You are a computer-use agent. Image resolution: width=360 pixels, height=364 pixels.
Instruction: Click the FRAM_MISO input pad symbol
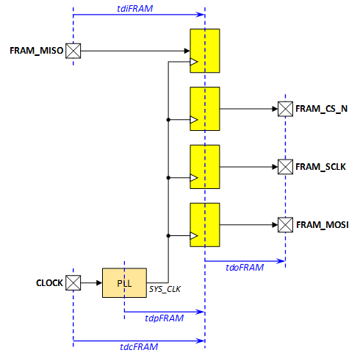[73, 51]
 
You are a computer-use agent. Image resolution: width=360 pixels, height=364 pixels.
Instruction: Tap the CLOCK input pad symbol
[73, 283]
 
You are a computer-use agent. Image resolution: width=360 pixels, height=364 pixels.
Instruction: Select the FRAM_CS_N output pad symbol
[285, 109]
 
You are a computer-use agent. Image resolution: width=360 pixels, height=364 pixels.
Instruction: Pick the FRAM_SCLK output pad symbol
[285, 167]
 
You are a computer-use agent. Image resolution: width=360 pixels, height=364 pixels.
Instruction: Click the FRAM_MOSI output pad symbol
[285, 225]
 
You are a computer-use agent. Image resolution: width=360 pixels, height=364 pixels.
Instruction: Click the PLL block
[124, 283]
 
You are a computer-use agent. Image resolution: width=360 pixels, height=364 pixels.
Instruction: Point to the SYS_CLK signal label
[165, 290]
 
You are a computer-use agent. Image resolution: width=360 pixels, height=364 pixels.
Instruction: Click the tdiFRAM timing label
[135, 9]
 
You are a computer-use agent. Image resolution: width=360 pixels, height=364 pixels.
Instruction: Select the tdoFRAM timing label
[245, 268]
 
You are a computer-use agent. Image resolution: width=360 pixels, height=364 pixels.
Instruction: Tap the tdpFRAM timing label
[165, 318]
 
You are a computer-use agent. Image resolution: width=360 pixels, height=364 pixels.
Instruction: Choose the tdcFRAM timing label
[139, 347]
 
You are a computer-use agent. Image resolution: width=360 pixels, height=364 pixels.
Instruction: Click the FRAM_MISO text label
[37, 51]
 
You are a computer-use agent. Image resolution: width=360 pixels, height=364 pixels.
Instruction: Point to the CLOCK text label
[49, 283]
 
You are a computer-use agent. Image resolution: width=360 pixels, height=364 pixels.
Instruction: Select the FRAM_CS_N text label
[322, 109]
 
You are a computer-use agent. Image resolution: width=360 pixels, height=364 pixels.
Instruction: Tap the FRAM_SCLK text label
[320, 167]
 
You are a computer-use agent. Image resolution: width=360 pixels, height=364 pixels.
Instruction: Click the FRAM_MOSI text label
[323, 225]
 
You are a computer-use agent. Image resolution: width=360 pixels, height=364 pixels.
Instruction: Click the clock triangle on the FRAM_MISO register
[194, 62]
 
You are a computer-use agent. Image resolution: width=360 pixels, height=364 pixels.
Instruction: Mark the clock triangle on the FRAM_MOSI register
[194, 236]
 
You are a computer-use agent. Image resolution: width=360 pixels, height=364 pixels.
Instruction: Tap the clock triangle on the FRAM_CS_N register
[194, 120]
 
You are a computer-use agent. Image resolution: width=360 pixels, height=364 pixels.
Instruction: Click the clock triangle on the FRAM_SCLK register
[194, 178]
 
